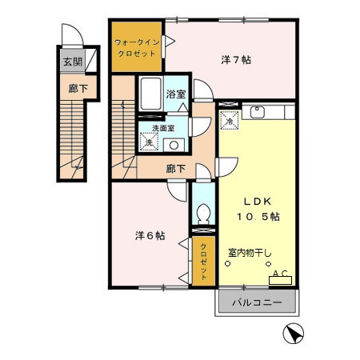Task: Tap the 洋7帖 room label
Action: pyautogui.click(x=231, y=59)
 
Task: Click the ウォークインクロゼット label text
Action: pyautogui.click(x=137, y=46)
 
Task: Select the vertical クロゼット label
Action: pyautogui.click(x=203, y=260)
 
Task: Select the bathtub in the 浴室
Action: pyautogui.click(x=149, y=97)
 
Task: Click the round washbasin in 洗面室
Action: pyautogui.click(x=174, y=145)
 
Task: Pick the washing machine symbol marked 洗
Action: pyautogui.click(x=148, y=142)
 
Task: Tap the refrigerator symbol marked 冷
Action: pyautogui.click(x=229, y=122)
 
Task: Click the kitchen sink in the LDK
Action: pyautogui.click(x=258, y=113)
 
